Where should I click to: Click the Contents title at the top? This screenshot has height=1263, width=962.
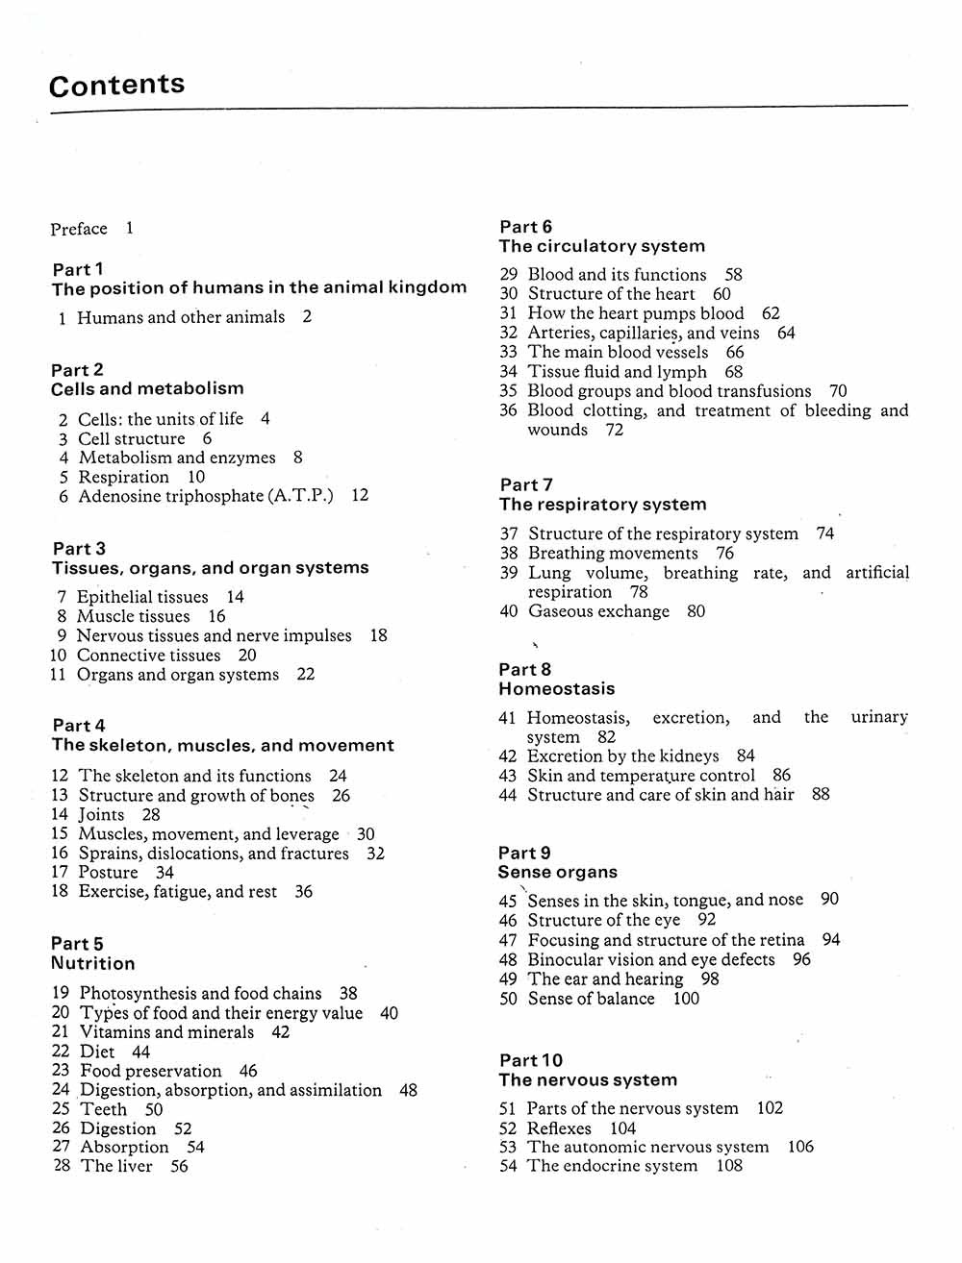click(116, 85)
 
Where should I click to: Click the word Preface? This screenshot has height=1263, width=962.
click(79, 229)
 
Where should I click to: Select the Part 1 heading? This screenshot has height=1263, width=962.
click(78, 269)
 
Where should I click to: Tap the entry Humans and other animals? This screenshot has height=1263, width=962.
click(181, 317)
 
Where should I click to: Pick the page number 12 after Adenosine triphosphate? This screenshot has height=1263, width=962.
click(360, 496)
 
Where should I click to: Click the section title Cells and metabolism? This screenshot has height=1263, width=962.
click(147, 389)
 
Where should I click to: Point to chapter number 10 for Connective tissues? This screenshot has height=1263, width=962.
click(59, 656)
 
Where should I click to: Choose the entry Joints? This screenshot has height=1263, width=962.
click(101, 815)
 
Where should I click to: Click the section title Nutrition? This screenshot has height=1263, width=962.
click(93, 964)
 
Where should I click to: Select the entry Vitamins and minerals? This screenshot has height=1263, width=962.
click(166, 1032)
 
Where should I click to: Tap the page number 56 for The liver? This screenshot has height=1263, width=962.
click(179, 1167)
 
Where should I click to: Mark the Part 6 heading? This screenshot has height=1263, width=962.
click(526, 227)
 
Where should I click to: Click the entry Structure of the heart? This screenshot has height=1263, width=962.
click(611, 294)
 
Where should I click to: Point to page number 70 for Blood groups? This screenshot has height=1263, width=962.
click(838, 391)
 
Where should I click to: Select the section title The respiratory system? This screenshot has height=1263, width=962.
click(602, 505)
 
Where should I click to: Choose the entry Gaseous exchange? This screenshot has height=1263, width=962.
click(598, 611)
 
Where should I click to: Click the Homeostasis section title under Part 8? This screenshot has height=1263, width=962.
click(556, 689)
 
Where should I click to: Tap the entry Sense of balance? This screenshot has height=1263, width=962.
click(591, 999)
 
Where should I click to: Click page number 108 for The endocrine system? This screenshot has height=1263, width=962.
click(729, 1166)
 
